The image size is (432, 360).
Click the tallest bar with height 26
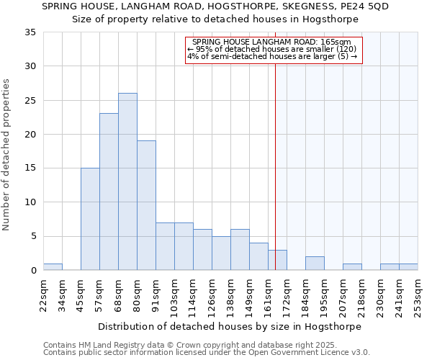tap(127, 181)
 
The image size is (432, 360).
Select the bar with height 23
tap(109, 192)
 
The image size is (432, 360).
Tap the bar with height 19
tap(146, 205)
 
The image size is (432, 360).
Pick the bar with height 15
tap(90, 219)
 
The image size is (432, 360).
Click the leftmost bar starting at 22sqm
tap(53, 266)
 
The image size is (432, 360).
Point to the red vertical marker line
tap(275, 158)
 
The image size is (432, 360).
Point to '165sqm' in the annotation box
tap(336, 42)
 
